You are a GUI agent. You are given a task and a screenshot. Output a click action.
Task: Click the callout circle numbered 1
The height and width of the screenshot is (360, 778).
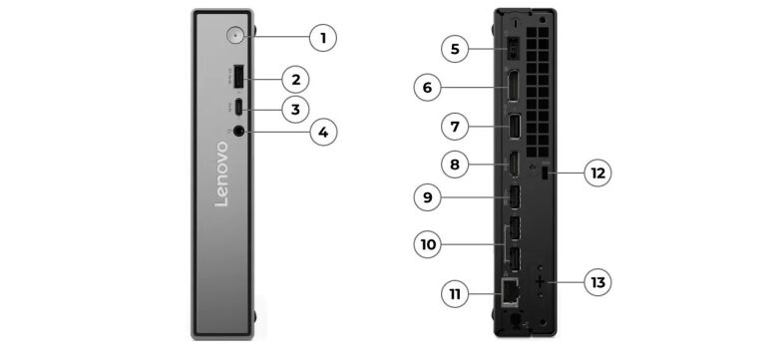(321, 38)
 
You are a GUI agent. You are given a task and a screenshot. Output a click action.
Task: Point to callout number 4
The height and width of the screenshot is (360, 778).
(321, 131)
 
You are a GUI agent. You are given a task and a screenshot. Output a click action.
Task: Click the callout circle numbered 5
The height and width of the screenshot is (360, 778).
(454, 48)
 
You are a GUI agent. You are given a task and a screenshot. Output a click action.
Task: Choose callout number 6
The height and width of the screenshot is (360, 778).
(427, 88)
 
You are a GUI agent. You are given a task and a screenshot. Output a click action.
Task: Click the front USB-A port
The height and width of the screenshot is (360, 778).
(239, 78)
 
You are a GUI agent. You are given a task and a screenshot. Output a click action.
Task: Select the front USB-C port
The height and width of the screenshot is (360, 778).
(238, 107)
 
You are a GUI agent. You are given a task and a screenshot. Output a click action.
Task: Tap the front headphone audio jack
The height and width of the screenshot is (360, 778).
(240, 131)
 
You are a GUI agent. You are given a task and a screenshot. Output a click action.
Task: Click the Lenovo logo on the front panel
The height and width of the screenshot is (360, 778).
(221, 174)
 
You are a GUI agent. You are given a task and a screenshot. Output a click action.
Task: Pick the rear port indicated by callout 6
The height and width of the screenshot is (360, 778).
(510, 88)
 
